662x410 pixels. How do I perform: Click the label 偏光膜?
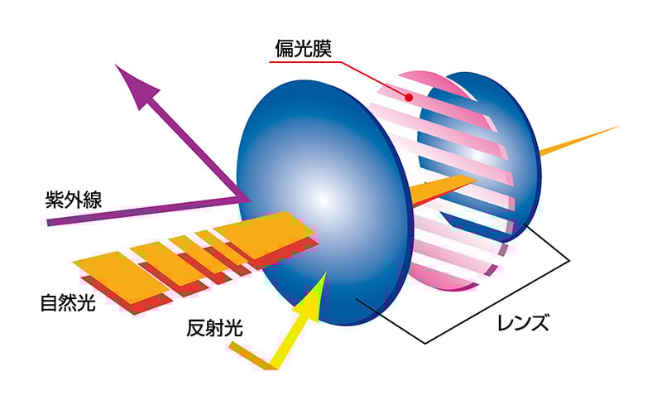click(x=303, y=48)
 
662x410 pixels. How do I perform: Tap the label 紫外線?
click(x=74, y=199)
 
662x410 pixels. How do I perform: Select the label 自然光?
click(x=68, y=302)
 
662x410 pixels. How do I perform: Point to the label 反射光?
click(x=214, y=327)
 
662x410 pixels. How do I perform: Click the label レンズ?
click(x=524, y=322)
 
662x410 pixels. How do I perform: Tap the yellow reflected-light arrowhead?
click(x=314, y=298)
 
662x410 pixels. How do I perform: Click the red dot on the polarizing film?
click(x=408, y=98)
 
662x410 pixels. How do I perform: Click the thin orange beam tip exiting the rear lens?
click(x=617, y=127)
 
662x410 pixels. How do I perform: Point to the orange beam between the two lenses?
click(x=444, y=188)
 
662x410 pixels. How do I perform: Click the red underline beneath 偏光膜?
click(x=305, y=62)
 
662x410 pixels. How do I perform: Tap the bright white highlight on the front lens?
click(x=323, y=199)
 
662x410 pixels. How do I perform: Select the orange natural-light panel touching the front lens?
click(x=265, y=234)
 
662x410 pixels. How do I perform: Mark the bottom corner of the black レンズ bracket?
click(x=425, y=343)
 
